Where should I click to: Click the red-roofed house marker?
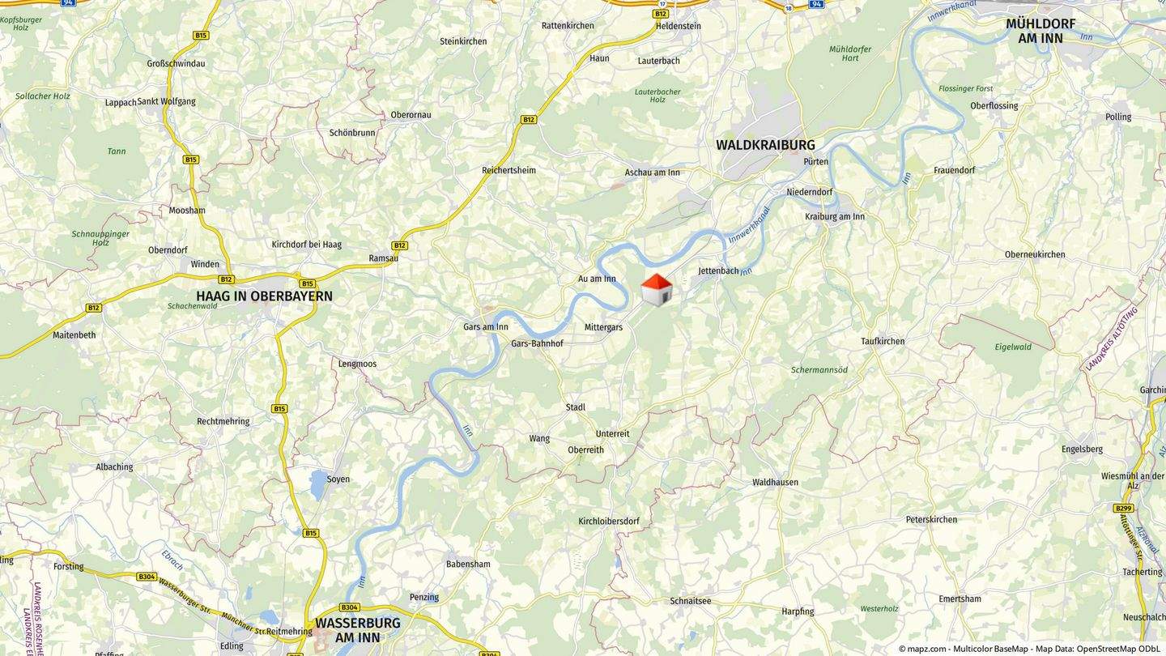[657, 290]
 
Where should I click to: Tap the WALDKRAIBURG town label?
[765, 145]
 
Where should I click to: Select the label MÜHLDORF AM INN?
[1040, 31]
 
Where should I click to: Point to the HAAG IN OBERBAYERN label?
[264, 296]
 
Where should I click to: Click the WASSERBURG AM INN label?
[357, 630]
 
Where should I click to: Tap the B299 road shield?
[1123, 508]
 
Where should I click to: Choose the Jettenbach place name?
[718, 270]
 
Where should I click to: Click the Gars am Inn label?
[486, 327]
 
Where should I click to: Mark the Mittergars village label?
[603, 327]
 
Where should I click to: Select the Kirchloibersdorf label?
[609, 521]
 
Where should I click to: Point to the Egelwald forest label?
[1013, 347]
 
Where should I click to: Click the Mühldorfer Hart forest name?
[850, 53]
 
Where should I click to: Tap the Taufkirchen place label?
[883, 341]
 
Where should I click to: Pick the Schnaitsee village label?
[691, 601]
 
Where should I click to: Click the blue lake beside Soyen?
[318, 483]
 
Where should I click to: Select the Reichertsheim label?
[509, 170]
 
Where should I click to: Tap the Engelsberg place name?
[1082, 449]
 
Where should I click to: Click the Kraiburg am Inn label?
[835, 216]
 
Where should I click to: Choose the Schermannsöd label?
[819, 370]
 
